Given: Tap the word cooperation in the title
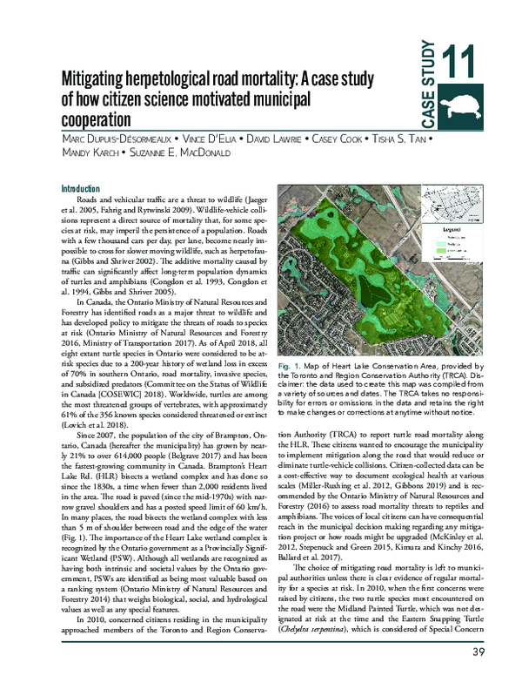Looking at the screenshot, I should tap(96, 118).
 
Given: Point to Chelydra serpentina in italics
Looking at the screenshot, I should tap(317, 625).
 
